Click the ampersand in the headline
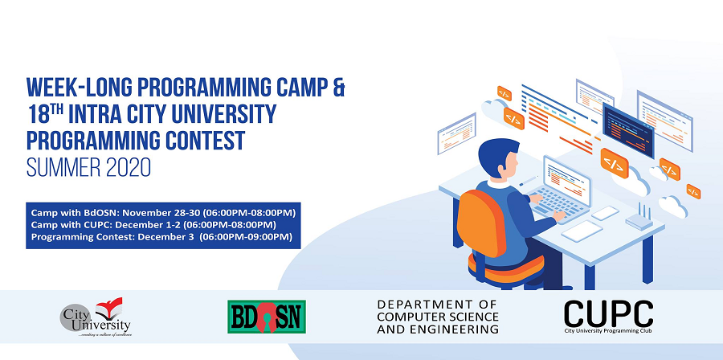pos(338,87)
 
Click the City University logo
pos(96,317)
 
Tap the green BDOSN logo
pos(267,317)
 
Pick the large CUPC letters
pos(608,313)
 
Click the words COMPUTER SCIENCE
pos(438,317)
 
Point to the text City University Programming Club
pos(608,330)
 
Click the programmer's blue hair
pos(496,155)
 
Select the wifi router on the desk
pos(639,219)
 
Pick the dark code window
pos(628,130)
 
